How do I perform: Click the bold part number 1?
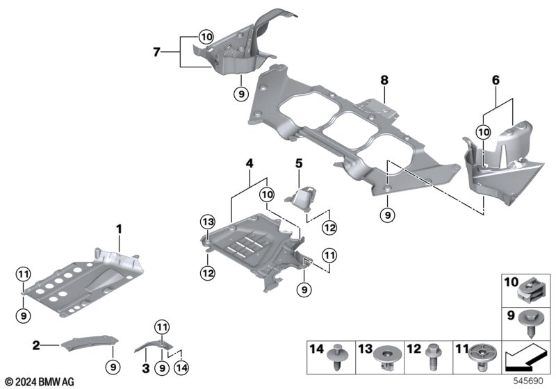tap(119, 228)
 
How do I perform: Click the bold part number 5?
tap(299, 165)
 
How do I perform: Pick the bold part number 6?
tap(496, 81)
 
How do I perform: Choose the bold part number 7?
tap(157, 51)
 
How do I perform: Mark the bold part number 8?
tap(384, 81)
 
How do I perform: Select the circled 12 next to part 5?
tap(329, 226)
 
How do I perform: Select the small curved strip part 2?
tap(87, 341)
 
